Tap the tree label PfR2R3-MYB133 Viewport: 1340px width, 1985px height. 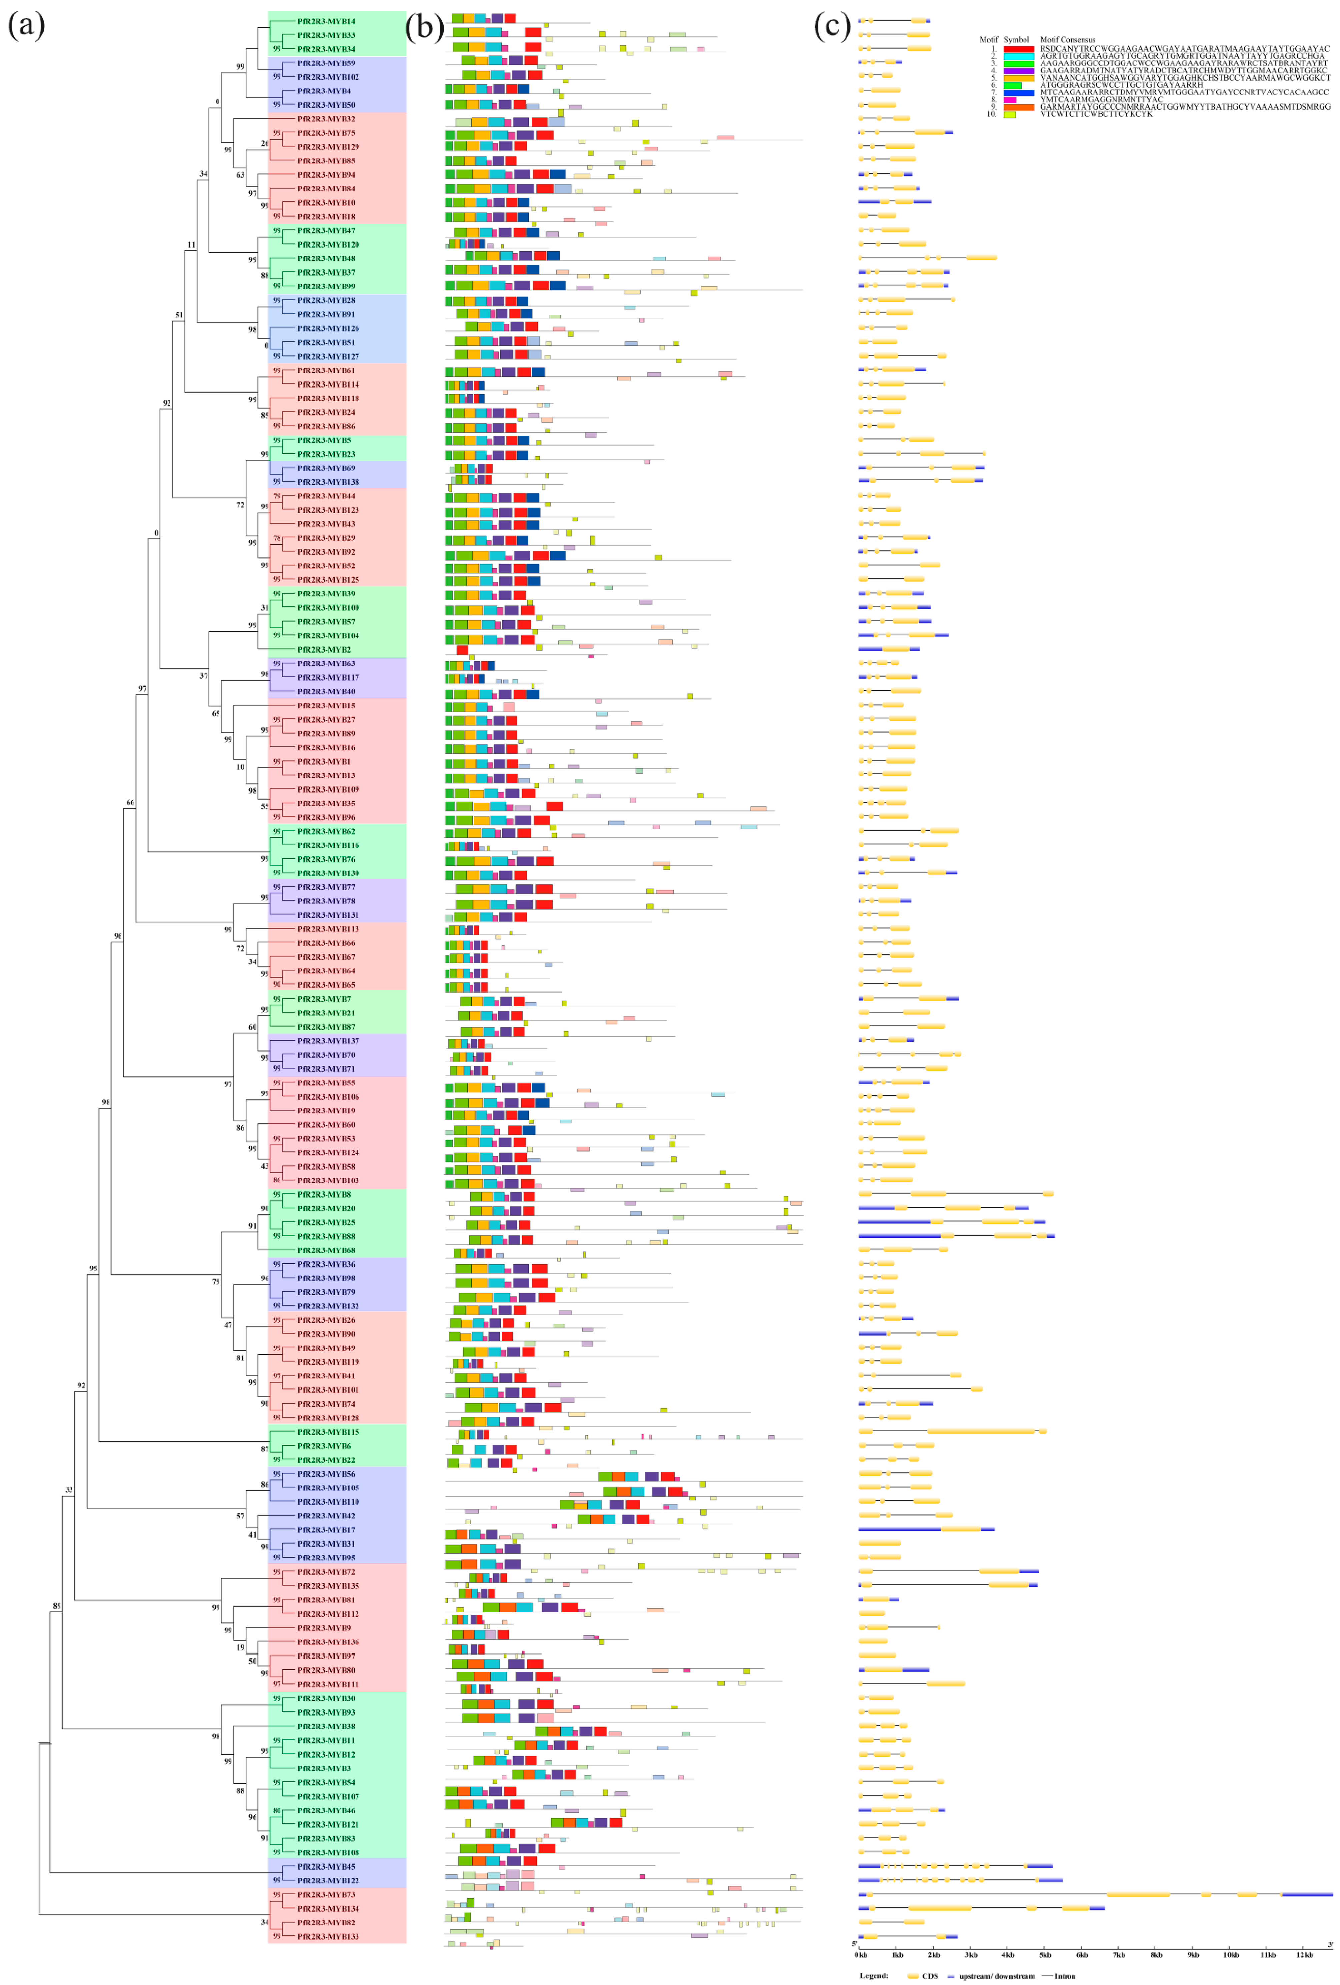(x=328, y=1936)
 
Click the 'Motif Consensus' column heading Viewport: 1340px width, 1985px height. (x=1067, y=39)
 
